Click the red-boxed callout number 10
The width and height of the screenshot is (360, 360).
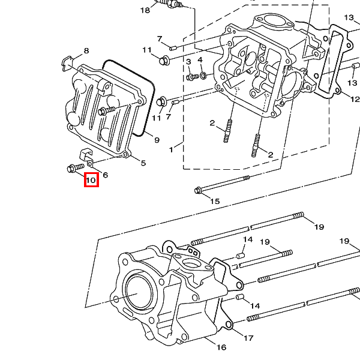point(91,180)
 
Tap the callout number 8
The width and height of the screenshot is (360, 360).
point(86,51)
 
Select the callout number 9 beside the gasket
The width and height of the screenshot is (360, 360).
point(157,140)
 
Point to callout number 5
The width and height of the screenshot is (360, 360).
point(143,163)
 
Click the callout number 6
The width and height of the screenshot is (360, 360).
point(106,175)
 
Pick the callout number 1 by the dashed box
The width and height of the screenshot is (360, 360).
point(171,150)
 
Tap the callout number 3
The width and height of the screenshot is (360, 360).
point(188,62)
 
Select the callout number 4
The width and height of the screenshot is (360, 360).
point(200,60)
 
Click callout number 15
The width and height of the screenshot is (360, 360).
point(215,202)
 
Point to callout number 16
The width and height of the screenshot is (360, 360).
point(221,347)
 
